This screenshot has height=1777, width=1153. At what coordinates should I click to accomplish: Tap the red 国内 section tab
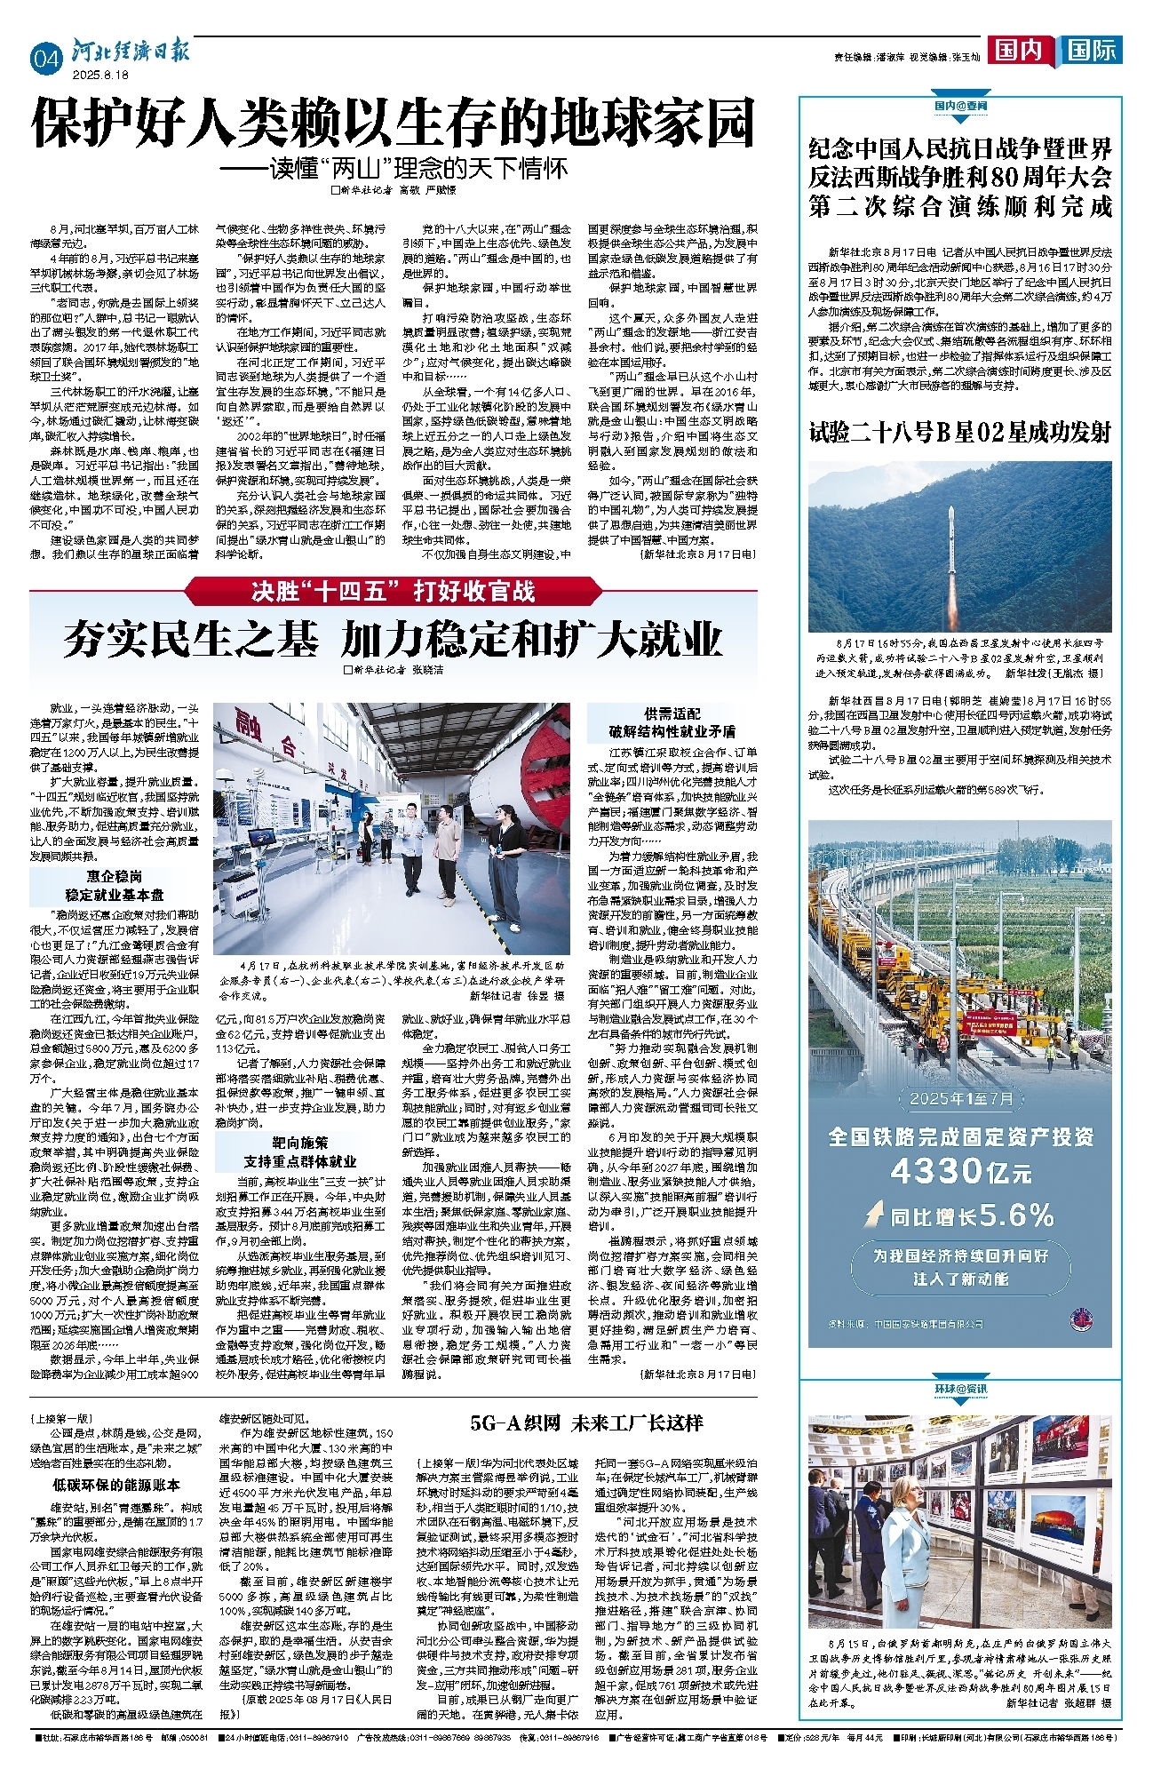1018,50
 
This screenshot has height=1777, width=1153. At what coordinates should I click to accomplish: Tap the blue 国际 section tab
1091,50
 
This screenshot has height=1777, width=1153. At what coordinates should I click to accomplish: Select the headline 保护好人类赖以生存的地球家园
394,124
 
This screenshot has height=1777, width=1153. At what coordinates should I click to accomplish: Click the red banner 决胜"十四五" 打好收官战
393,591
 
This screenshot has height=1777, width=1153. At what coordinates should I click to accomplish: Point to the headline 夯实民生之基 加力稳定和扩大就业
393,640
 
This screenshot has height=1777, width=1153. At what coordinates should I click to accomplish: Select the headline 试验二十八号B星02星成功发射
960,433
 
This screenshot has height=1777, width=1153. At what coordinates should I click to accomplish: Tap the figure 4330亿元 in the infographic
960,1171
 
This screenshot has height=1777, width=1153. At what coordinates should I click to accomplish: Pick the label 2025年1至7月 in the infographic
960,1098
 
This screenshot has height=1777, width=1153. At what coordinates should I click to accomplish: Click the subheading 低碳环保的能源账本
116,1485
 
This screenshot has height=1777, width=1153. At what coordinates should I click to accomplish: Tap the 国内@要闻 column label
960,105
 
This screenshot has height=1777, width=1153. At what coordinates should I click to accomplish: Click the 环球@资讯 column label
960,1389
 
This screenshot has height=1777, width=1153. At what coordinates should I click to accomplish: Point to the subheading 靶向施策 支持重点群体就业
300,1152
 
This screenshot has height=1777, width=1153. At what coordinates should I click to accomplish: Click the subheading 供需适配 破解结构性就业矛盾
672,722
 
